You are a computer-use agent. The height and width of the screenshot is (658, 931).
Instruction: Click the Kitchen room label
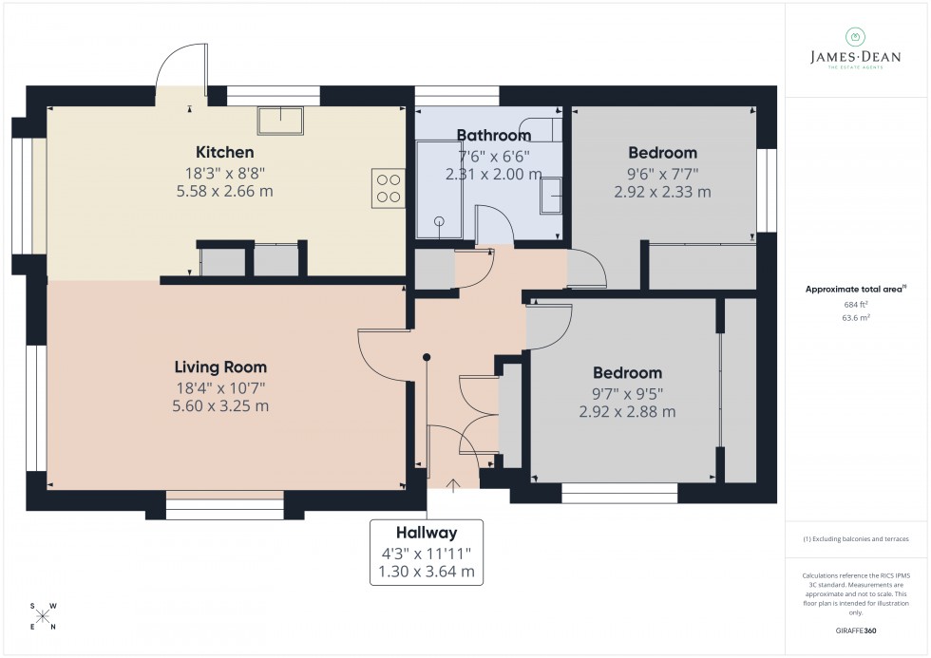[x=224, y=152]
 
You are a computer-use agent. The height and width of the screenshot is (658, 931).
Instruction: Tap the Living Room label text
[x=220, y=367]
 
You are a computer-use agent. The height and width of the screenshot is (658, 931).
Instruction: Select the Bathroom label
[x=493, y=135]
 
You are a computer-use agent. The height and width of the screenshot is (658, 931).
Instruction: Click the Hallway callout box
[x=427, y=553]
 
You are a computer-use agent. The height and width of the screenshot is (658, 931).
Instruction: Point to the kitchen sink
[x=280, y=121]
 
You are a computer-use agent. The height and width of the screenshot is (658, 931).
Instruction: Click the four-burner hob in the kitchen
[x=389, y=187]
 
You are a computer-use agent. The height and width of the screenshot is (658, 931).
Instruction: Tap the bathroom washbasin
[x=551, y=197]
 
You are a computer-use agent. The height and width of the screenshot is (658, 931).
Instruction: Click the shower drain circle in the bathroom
[x=440, y=221]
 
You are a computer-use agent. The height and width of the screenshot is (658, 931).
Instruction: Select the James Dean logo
[x=854, y=47]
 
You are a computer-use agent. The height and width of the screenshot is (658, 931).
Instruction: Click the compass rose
[x=43, y=615]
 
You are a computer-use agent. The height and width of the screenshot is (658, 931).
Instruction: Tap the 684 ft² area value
[x=856, y=304]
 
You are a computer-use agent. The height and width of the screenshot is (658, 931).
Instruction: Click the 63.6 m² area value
[x=856, y=318]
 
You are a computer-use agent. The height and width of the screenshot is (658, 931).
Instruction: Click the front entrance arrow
[x=453, y=487]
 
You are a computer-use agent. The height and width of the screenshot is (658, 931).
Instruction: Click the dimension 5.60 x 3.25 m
[x=220, y=405]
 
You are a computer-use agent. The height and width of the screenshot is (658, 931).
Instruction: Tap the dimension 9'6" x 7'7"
[x=662, y=173]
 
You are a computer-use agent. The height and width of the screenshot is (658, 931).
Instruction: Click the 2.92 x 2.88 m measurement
[x=627, y=411]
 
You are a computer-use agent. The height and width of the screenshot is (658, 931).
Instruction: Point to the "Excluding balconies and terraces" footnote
[x=856, y=538]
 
